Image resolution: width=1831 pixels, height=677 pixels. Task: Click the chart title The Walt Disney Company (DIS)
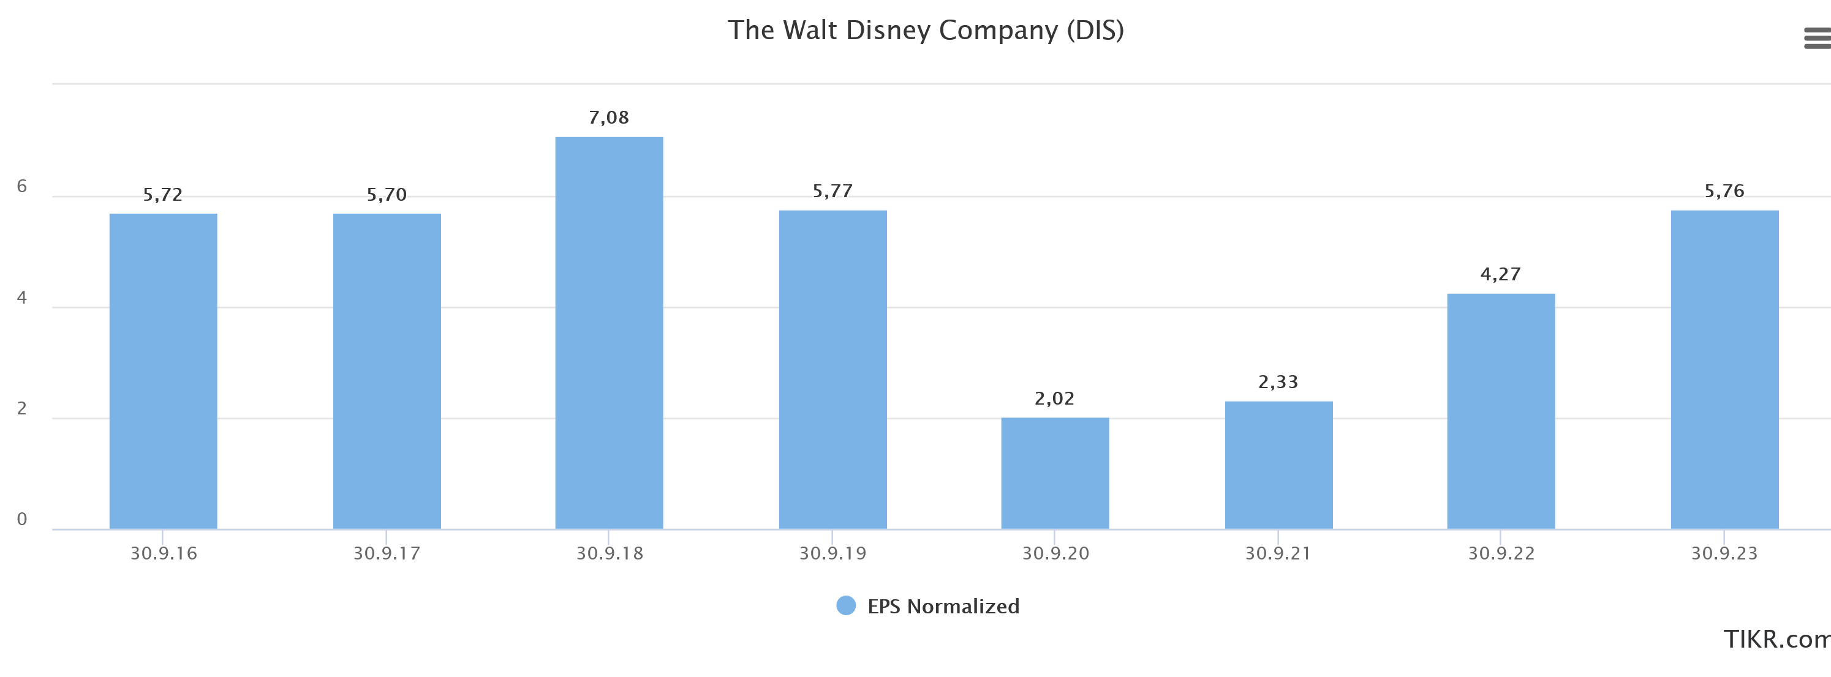[x=926, y=31]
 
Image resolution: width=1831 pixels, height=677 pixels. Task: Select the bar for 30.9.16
[x=163, y=371]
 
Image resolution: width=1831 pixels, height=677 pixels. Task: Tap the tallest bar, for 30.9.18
[x=608, y=332]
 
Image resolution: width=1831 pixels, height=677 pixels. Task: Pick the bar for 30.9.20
[x=1055, y=473]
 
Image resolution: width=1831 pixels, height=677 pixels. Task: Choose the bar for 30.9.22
[x=1500, y=411]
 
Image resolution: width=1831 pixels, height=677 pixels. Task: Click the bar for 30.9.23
[x=1724, y=369]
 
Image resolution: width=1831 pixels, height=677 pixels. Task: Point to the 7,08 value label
[x=608, y=117]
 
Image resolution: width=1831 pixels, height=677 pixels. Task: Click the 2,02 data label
[x=1054, y=398]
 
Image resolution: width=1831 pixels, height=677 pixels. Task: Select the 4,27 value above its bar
[x=1500, y=274]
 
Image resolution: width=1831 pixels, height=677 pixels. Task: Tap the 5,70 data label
[x=386, y=195]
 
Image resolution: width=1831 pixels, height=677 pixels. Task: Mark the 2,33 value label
[x=1278, y=382]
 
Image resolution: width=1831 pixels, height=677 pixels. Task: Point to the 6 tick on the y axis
[x=22, y=186]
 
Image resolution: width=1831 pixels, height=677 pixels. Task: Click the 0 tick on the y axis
[x=22, y=519]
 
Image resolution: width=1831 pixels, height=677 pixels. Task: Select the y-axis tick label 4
[x=22, y=297]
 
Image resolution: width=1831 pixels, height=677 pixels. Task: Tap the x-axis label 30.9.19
[x=832, y=553]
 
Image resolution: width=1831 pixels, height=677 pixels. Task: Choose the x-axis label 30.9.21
[x=1278, y=553]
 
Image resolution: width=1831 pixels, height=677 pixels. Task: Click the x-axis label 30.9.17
[x=387, y=553]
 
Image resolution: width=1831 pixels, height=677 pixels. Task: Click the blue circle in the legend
[x=846, y=605]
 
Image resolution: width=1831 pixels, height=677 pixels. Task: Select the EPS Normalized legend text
[x=943, y=606]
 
